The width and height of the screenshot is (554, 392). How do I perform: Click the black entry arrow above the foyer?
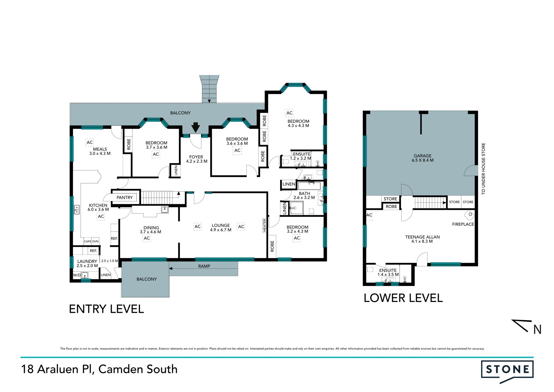(196, 127)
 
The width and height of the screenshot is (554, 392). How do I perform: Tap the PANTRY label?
(125, 198)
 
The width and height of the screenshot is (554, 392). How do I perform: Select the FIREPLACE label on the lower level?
(463, 224)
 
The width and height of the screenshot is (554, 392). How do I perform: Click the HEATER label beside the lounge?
(264, 225)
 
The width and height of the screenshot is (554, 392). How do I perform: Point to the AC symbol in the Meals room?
(90, 142)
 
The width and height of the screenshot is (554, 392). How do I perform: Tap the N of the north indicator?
(537, 330)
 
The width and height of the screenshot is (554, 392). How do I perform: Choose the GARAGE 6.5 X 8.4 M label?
(423, 158)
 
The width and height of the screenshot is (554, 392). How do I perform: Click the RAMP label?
(204, 266)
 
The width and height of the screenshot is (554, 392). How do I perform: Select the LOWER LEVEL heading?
(403, 298)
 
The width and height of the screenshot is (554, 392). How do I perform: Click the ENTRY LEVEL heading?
(106, 309)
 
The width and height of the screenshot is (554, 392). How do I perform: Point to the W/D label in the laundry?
(77, 275)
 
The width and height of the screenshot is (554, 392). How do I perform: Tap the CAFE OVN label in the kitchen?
(91, 241)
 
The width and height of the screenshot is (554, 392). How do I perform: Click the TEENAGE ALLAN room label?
(422, 237)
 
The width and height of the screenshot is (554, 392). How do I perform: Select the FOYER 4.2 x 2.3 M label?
(196, 159)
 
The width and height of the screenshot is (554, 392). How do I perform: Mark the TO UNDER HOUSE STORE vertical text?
(484, 169)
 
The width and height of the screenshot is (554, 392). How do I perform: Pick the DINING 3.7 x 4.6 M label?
(151, 230)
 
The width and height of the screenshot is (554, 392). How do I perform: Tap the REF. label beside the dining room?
(114, 239)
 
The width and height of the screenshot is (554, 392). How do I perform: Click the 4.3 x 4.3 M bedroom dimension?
(298, 126)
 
